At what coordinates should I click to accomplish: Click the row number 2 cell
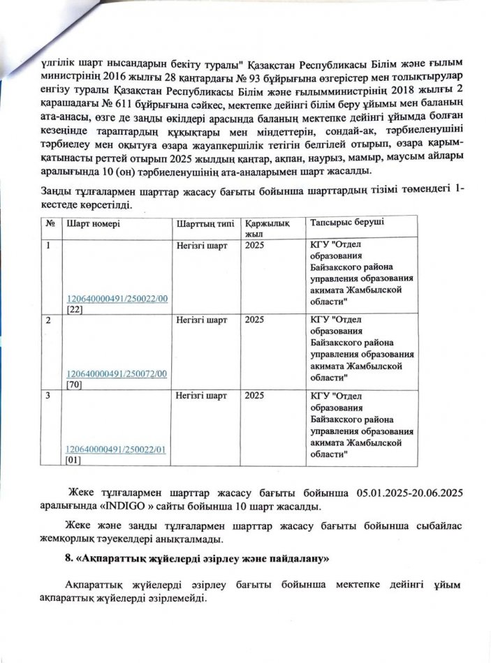click(x=48, y=320)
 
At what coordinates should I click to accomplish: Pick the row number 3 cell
click(x=48, y=396)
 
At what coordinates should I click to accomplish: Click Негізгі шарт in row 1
click(x=202, y=246)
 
